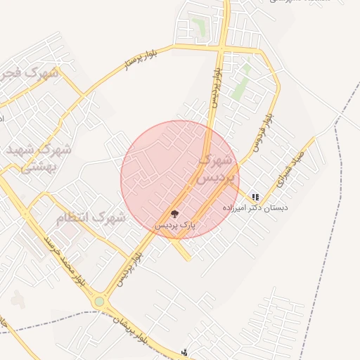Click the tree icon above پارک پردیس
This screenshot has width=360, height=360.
pos(174,214)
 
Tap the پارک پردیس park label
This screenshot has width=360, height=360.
pos(174,225)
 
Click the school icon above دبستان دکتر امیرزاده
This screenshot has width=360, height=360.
pos(255,198)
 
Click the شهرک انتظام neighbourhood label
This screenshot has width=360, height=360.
pos(91,218)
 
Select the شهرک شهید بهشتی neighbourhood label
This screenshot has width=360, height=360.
pos(39,158)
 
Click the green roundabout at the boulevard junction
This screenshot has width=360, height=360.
pos(100,302)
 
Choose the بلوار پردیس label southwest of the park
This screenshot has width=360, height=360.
pos(129,266)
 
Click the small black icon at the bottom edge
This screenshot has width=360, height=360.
pos(184,352)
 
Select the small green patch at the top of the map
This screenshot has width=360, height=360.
pos(200,27)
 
